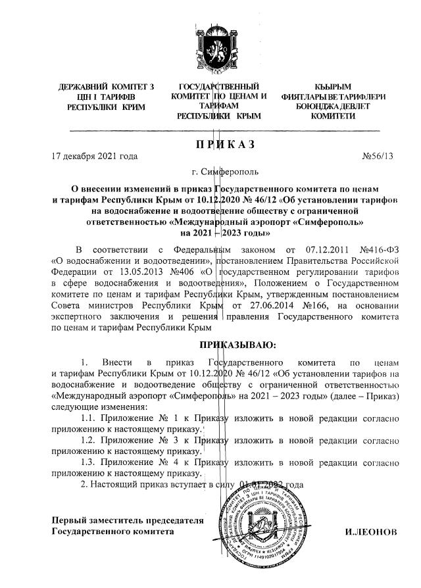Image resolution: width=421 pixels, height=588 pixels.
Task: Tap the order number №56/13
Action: point(377,157)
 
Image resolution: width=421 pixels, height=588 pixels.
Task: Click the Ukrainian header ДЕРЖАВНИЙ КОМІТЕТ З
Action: point(106,87)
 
